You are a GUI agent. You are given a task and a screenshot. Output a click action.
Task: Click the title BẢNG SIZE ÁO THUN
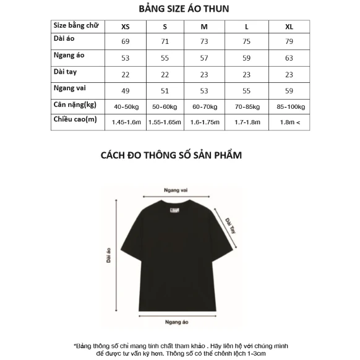click(179, 8)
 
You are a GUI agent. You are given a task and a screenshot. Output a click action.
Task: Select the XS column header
click(126, 27)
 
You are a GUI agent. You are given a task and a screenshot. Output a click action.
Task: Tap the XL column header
click(289, 27)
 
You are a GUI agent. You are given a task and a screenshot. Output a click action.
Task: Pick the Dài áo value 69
click(126, 41)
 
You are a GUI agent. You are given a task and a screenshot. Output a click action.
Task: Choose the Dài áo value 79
click(289, 41)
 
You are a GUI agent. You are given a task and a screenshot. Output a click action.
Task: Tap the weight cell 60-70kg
click(204, 106)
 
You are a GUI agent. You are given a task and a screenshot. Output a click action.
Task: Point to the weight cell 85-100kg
click(289, 106)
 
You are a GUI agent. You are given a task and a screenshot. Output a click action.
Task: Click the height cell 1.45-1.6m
click(126, 122)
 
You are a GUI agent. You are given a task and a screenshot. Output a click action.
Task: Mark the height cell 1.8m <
click(289, 122)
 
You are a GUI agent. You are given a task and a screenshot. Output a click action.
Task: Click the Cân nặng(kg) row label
click(74, 104)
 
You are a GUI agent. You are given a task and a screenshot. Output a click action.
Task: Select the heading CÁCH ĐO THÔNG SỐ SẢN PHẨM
click(171, 155)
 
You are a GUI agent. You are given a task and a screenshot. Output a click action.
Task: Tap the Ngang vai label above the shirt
click(175, 191)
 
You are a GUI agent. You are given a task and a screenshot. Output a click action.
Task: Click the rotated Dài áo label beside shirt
click(108, 254)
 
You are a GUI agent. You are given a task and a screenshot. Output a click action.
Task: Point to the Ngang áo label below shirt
click(176, 322)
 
